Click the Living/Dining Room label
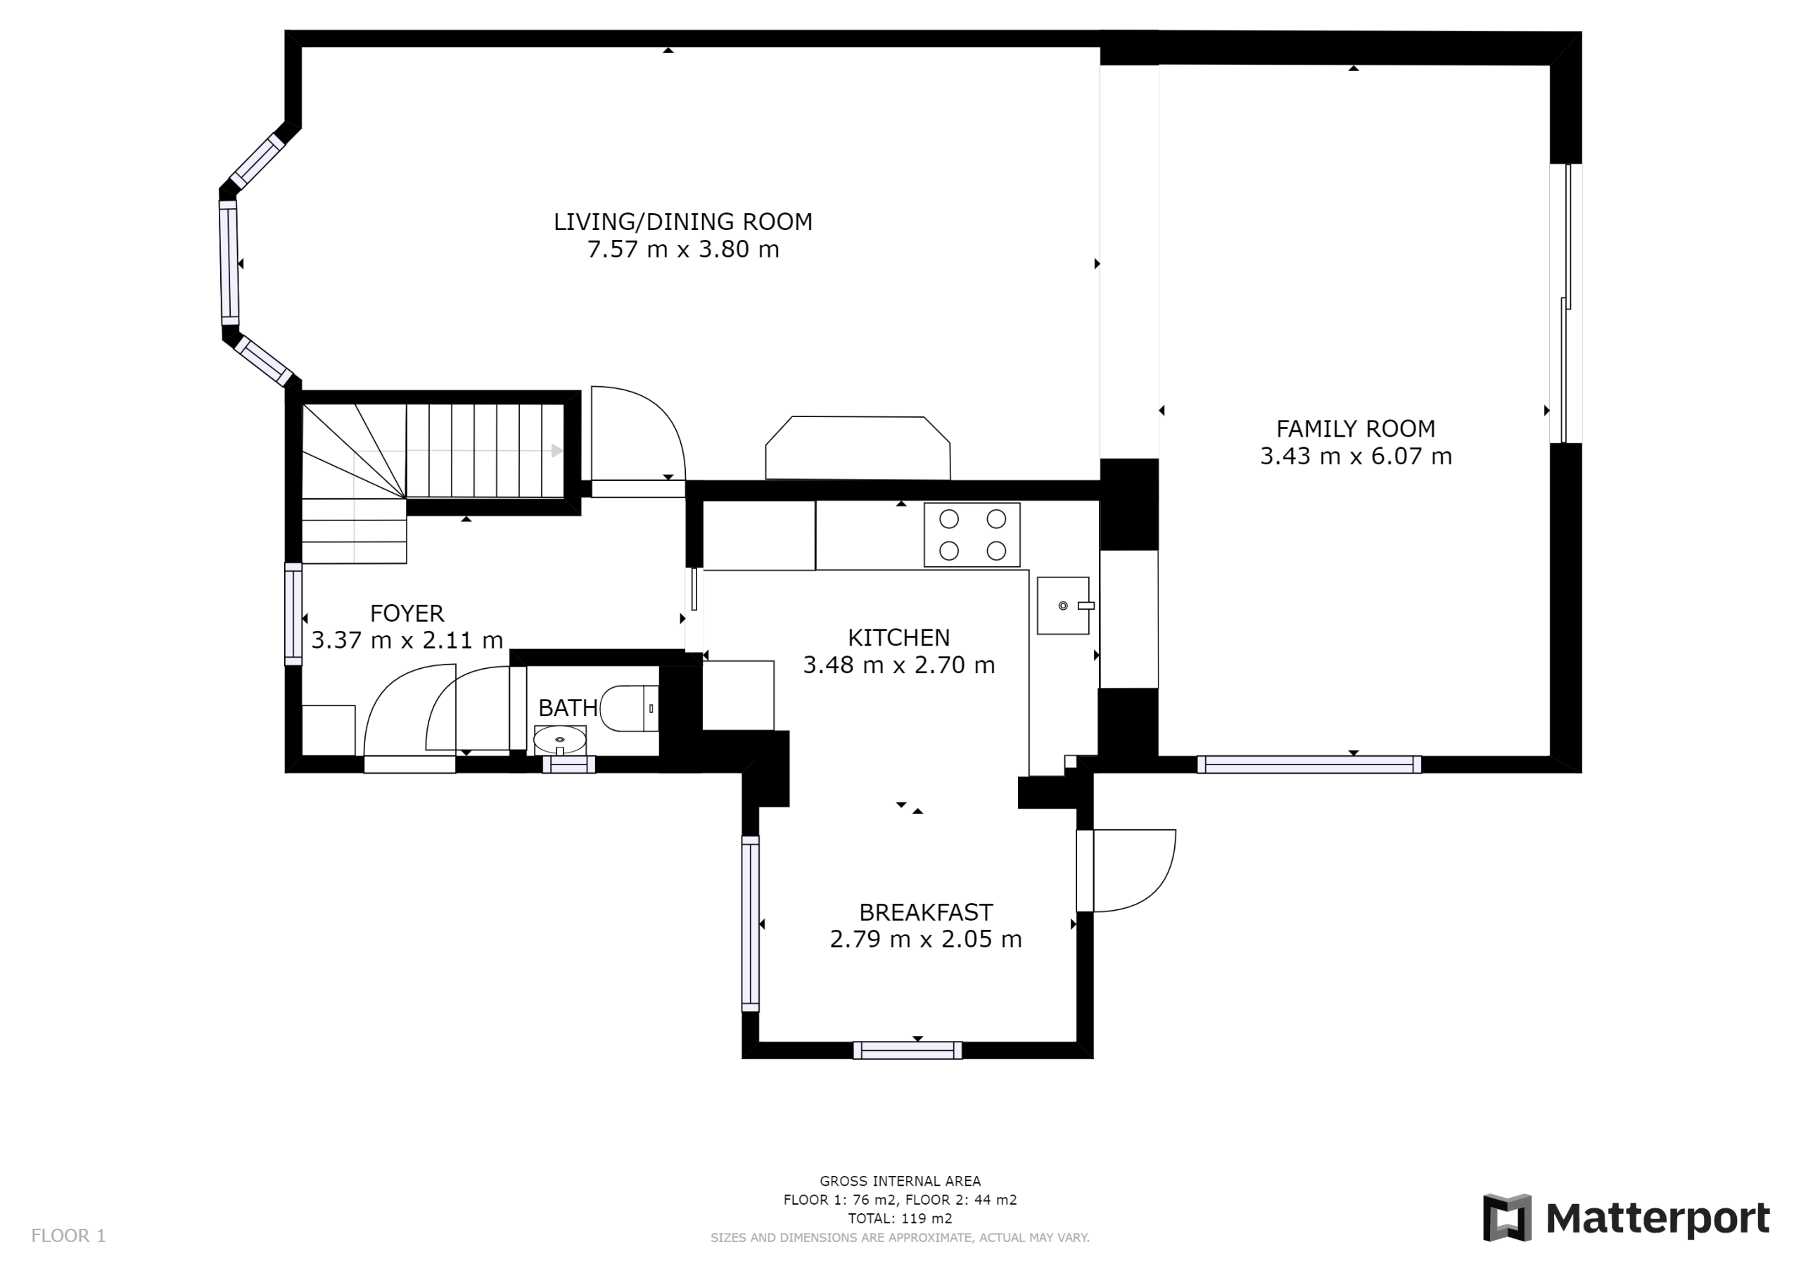pos(682,222)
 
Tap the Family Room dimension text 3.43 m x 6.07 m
pos(1356,456)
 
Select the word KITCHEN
pos(898,638)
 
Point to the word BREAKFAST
pos(926,912)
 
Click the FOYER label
pos(407,613)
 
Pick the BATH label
pos(568,708)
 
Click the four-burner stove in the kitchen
pos(972,535)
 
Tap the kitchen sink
pos(1064,606)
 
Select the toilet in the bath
pos(629,708)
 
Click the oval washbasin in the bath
pos(560,739)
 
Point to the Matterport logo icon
pos(1507,1218)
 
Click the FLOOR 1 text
pos(68,1236)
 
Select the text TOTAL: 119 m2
pos(900,1219)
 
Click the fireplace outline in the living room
pos(858,447)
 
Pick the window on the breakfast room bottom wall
pos(908,1050)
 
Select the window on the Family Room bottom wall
pos(1309,765)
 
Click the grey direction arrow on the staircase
pos(557,450)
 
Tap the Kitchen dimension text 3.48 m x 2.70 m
pos(899,665)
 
